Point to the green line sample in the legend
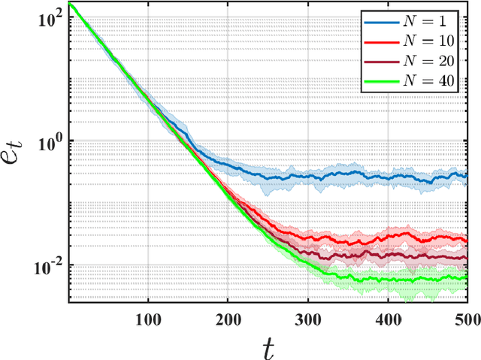pyautogui.click(x=381, y=83)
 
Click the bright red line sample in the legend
pyautogui.click(x=381, y=43)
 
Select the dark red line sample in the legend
pyautogui.click(x=381, y=62)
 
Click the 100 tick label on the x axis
pyautogui.click(x=148, y=319)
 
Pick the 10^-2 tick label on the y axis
pyautogui.click(x=47, y=265)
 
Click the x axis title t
pyautogui.click(x=268, y=346)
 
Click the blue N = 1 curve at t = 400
pyautogui.click(x=388, y=177)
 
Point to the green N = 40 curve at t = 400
pyautogui.click(x=388, y=280)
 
